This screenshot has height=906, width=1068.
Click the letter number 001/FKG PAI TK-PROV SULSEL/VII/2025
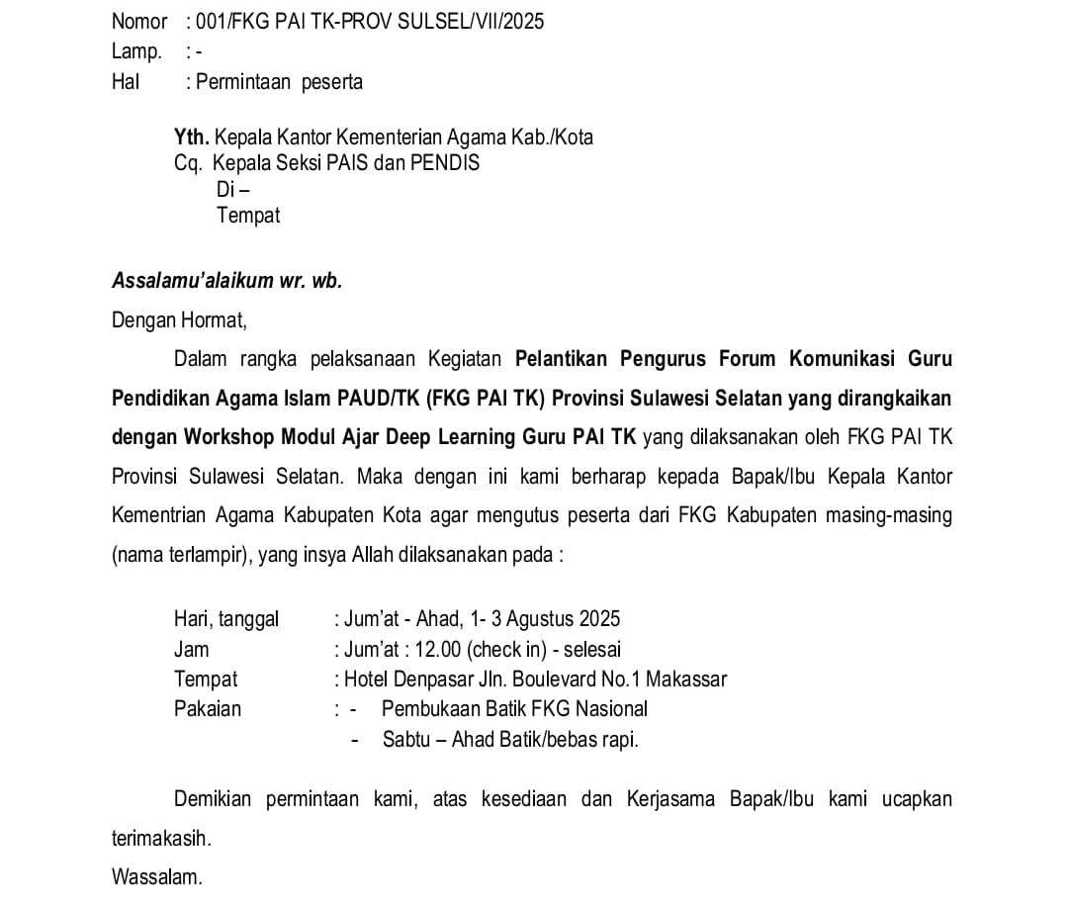tap(371, 21)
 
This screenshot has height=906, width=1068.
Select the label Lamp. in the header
tap(136, 51)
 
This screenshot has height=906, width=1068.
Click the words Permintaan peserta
tap(279, 82)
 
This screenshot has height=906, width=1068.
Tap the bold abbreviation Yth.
tap(191, 137)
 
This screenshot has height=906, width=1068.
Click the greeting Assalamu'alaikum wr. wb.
tap(226, 280)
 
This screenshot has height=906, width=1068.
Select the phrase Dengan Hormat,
tap(179, 319)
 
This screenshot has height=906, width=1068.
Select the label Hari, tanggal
tap(226, 619)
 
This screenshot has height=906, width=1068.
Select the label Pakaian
tap(208, 708)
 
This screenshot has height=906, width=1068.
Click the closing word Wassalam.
tap(156, 876)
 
